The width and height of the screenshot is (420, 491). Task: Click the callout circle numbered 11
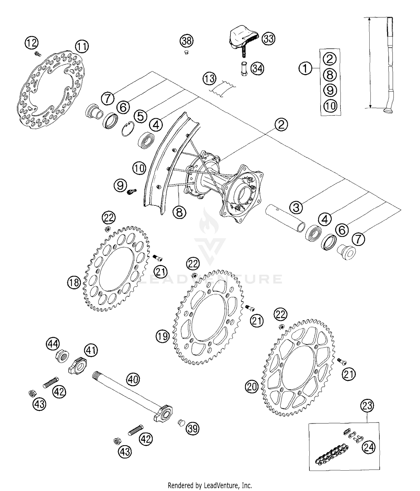coord(82,46)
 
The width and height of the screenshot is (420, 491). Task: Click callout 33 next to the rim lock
coord(268,39)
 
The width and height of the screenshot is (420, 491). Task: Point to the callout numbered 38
coord(186,41)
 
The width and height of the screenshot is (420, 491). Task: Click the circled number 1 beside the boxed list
coord(305,68)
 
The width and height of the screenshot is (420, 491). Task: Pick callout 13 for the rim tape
coord(210,79)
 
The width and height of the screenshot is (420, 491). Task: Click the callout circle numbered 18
coord(74,283)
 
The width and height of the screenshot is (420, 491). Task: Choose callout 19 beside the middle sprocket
coord(163,336)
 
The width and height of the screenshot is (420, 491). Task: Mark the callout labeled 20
coord(252,387)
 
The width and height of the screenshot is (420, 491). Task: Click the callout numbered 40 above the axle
coord(133,379)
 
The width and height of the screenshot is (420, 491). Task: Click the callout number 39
coord(193,428)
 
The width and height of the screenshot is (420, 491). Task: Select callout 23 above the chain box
coord(367,405)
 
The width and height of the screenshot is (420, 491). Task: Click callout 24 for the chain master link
coord(368,447)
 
